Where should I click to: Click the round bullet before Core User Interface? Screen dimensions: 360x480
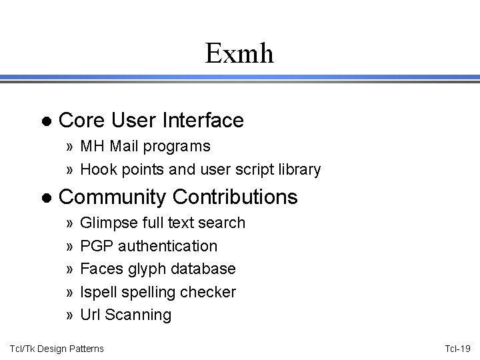pos(45,121)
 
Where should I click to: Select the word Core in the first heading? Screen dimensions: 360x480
pos(80,121)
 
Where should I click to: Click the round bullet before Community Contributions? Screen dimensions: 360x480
pos(45,197)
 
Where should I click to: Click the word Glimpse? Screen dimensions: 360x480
pos(106,223)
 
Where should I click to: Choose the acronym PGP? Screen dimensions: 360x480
pos(95,246)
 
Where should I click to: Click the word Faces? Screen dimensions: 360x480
pos(99,269)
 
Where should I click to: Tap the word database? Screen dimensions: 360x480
pos(204,269)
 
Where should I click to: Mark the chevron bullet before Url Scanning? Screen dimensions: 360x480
pos(70,315)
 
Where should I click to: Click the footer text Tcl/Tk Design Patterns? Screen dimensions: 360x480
pos(56,348)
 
